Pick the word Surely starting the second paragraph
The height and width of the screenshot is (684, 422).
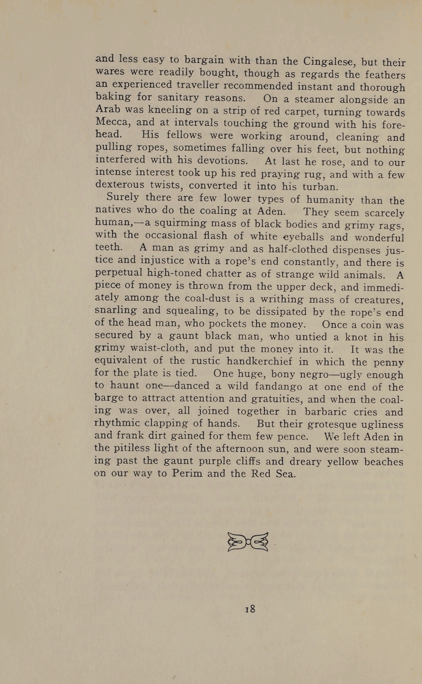[x=123, y=197]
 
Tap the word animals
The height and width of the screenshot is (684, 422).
[x=362, y=275]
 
